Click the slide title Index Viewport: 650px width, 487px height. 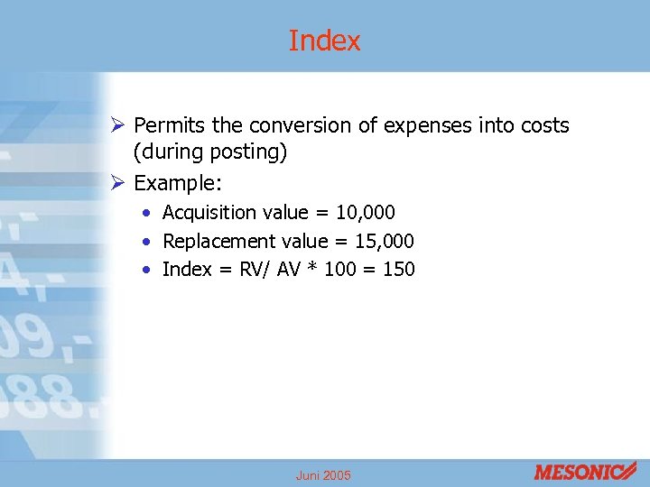[x=324, y=41]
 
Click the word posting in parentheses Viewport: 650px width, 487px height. [x=248, y=152]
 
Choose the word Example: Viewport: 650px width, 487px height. [x=177, y=183]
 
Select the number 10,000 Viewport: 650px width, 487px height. [x=365, y=213]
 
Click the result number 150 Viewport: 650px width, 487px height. [x=399, y=269]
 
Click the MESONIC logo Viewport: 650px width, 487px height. [x=586, y=472]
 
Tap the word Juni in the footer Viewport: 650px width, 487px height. [x=308, y=475]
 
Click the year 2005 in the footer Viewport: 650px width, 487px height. [x=337, y=475]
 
